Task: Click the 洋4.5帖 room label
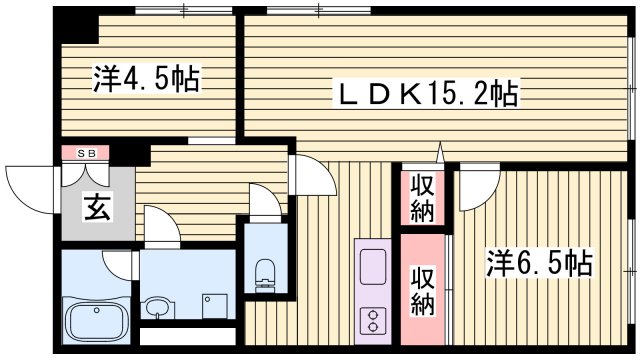[146, 79]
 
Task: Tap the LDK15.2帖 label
[425, 96]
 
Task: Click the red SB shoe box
[79, 153]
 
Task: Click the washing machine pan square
[211, 303]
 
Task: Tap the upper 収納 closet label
[419, 198]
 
